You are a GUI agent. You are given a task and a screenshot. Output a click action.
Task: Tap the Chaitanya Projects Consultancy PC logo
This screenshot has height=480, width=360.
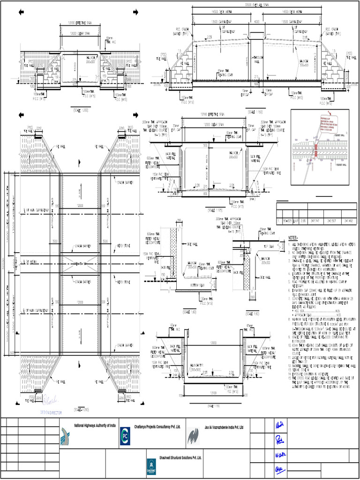click(x=125, y=435)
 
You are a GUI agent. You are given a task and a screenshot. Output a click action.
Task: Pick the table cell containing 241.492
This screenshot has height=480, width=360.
click(x=348, y=219)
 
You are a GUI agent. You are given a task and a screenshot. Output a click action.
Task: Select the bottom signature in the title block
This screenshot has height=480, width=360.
click(x=280, y=470)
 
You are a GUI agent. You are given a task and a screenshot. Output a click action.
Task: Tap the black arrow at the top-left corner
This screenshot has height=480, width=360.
click(x=21, y=12)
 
